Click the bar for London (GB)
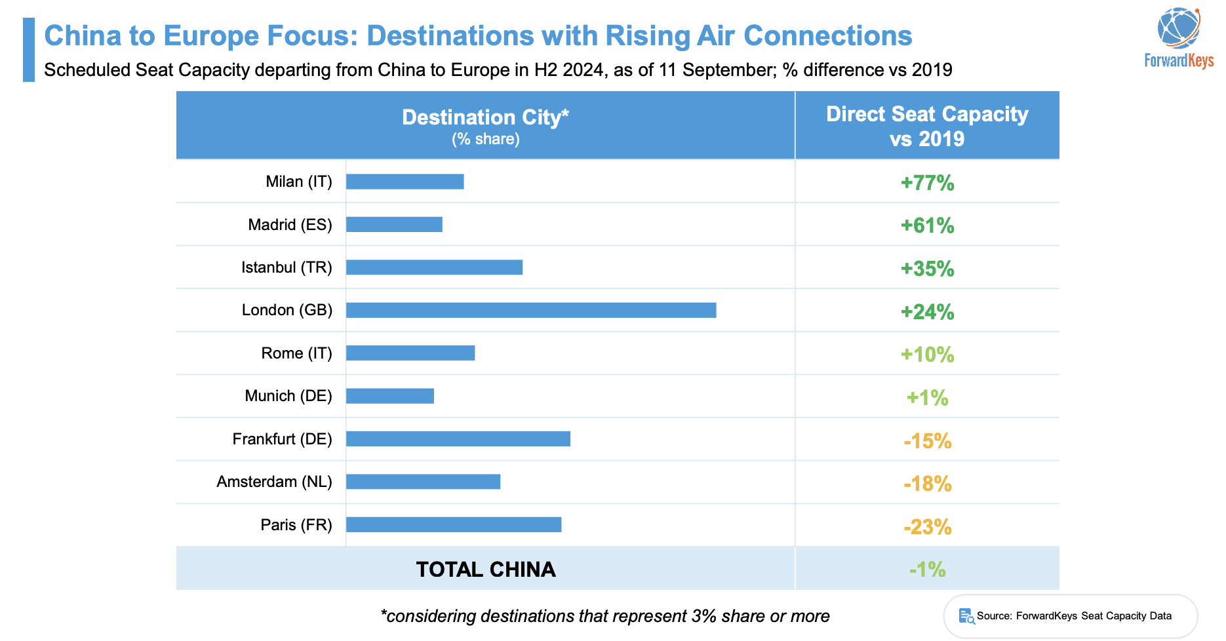[x=531, y=310]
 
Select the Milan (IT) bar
[x=405, y=182]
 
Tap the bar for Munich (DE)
[x=389, y=396]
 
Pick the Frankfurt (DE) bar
[x=458, y=439]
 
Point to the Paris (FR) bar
[x=453, y=524]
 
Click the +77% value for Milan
[x=927, y=183]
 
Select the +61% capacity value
[x=927, y=225]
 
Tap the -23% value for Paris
[x=927, y=527]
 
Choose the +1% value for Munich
[x=927, y=398]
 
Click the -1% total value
[x=927, y=570]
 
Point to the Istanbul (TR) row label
[x=287, y=267]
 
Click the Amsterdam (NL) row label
[x=274, y=482]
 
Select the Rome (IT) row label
[x=296, y=353]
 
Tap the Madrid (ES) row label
[x=290, y=225]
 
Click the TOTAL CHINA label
[x=486, y=570]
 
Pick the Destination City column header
[x=485, y=118]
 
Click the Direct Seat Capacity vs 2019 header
[x=927, y=126]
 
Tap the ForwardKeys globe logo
[x=1178, y=28]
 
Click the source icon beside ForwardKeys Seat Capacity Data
[x=966, y=616]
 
